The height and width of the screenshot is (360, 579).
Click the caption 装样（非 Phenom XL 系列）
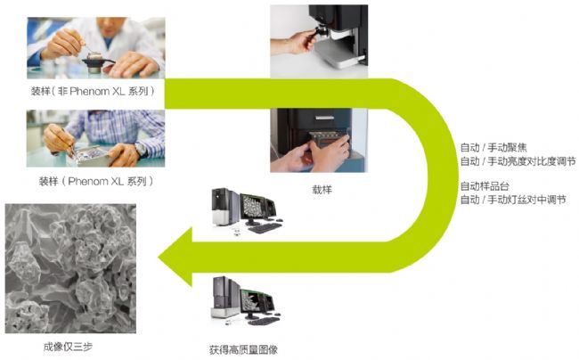pos(93,91)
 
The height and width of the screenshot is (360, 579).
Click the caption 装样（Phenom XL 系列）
pos(96,181)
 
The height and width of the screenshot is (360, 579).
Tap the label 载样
pos(322,190)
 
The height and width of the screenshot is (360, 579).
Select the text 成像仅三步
pos(68,347)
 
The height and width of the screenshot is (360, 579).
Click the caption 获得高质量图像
pos(243,349)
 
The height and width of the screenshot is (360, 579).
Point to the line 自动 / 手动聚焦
pos(493,148)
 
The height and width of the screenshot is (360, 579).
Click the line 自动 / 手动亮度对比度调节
pos(518,161)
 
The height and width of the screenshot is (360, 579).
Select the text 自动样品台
pos(485,186)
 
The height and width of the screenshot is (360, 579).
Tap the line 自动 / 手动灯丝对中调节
pos(513,200)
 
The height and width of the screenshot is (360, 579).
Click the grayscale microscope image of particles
pos(70,268)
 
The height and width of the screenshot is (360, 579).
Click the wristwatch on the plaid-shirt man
pos(141,150)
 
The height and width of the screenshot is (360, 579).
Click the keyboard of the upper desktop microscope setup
pos(265,228)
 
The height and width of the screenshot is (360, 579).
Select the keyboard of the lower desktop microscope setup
pos(264,321)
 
